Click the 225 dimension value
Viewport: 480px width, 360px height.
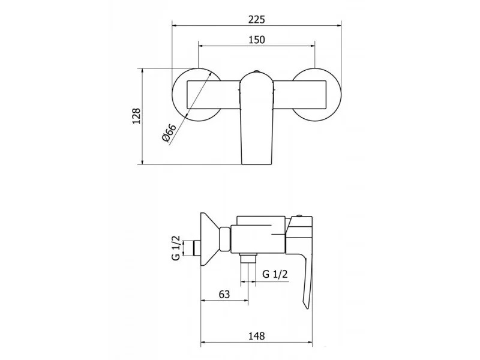coord(257,20)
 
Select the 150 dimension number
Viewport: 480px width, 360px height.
coord(257,40)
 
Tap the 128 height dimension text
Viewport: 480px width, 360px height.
coord(137,116)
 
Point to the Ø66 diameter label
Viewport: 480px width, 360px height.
coord(169,133)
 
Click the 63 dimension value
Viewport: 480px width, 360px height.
coord(224,294)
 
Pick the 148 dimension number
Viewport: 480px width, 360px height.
coord(257,336)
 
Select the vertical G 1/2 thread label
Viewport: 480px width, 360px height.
coord(176,248)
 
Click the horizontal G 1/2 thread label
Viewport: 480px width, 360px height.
coord(275,274)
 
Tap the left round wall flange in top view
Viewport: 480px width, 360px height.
coord(197,95)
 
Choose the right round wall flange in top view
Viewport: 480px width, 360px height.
coord(316,95)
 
